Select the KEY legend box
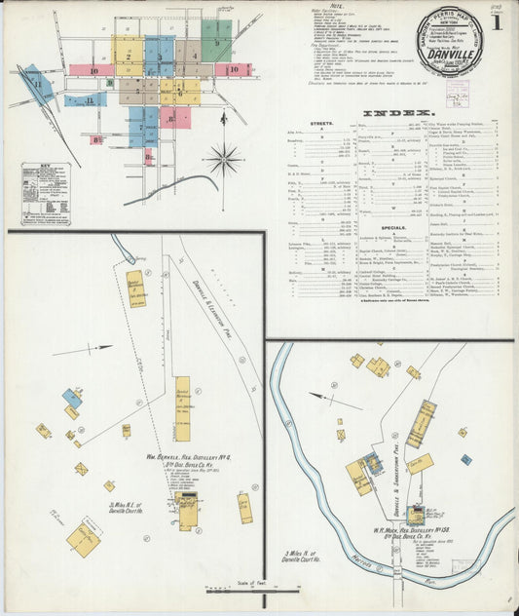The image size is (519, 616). [47, 192]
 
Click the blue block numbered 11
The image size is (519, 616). [39, 85]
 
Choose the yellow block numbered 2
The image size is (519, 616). [128, 57]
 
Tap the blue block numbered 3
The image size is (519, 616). [160, 56]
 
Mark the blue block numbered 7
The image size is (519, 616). [139, 125]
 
